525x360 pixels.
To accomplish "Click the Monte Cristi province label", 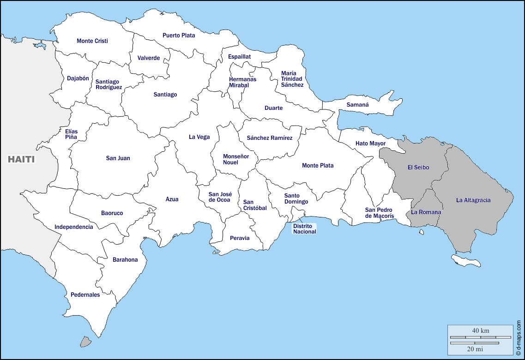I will (x=92, y=41).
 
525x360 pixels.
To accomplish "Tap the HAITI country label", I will (x=21, y=159).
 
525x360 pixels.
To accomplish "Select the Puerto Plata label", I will (x=179, y=35).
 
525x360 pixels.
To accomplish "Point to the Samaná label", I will (x=357, y=105).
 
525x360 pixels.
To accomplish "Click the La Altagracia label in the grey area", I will (x=473, y=200).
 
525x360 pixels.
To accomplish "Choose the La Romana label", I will (x=426, y=212).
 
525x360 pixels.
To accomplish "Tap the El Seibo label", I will (x=418, y=168).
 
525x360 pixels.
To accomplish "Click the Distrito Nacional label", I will (x=305, y=229).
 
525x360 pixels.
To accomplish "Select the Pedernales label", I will (x=85, y=294).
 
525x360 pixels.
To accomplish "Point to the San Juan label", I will (x=118, y=158).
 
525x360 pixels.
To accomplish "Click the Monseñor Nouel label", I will (x=235, y=159).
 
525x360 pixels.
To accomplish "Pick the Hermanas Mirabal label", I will (x=242, y=82).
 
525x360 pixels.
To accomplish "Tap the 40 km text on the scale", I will (x=481, y=330).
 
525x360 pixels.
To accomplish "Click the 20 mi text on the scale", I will (x=474, y=349).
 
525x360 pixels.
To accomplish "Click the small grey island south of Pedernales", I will (x=85, y=342).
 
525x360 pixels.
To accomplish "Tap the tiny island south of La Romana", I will (x=422, y=232).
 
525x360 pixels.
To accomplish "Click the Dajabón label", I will (x=78, y=78).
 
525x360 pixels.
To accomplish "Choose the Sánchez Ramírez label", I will (x=269, y=138).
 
